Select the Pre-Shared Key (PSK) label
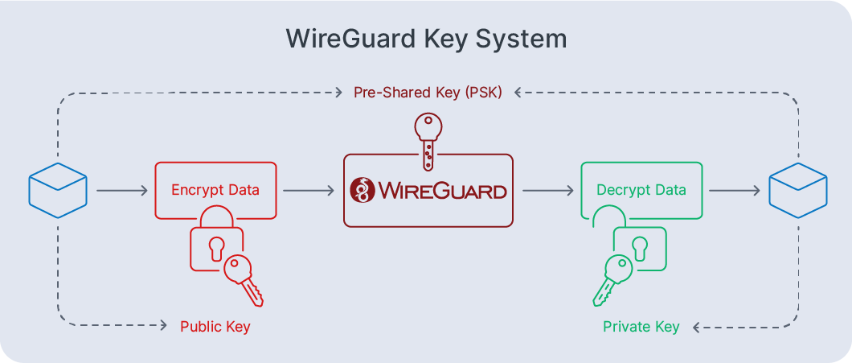(428, 93)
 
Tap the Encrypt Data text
(215, 191)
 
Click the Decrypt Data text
(641, 191)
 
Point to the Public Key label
(215, 327)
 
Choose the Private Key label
(641, 327)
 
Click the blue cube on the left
(57, 191)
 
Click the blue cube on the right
(797, 191)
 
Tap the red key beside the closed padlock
(243, 278)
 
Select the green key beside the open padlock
(612, 278)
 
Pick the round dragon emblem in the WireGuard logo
(363, 191)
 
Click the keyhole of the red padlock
(215, 248)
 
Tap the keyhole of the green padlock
(640, 247)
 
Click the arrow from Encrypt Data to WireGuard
(309, 191)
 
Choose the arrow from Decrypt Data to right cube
(735, 191)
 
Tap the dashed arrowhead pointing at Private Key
(697, 327)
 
